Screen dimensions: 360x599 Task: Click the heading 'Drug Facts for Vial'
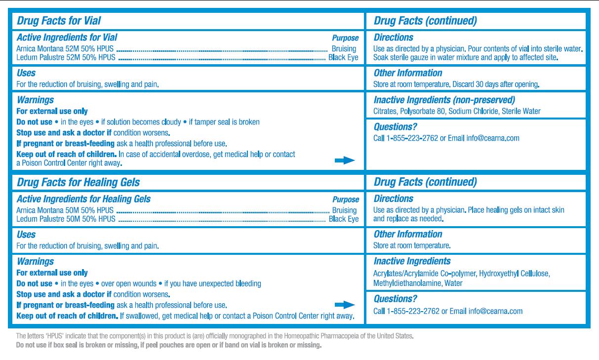pos(59,21)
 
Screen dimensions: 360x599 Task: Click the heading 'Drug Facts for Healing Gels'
pos(78,182)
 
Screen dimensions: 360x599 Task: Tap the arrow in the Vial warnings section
pos(345,160)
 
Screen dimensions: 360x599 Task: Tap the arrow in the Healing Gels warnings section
pos(345,305)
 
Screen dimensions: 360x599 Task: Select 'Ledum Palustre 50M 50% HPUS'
pos(65,219)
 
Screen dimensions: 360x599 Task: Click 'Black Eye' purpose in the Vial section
pos(344,57)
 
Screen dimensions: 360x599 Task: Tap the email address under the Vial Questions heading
pos(493,138)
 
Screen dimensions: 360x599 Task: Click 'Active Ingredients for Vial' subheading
pos(67,38)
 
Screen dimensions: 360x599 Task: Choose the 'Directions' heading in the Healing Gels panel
pos(394,199)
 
